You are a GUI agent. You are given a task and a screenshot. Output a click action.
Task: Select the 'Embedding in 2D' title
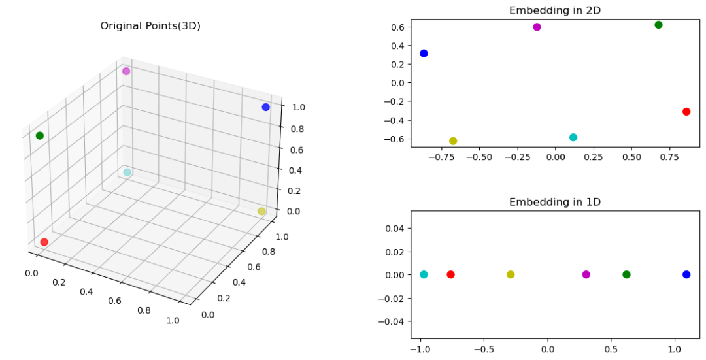pyautogui.click(x=554, y=10)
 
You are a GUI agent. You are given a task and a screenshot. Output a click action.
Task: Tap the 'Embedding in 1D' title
pyautogui.click(x=554, y=202)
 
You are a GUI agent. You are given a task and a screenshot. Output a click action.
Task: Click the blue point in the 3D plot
pyautogui.click(x=265, y=107)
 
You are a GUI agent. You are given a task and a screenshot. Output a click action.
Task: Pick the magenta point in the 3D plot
pyautogui.click(x=126, y=71)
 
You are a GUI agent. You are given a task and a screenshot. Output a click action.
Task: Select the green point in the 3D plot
pyautogui.click(x=40, y=136)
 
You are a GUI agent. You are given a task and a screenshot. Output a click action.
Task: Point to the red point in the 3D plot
pyautogui.click(x=44, y=242)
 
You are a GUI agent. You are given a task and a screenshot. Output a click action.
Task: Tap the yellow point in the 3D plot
pyautogui.click(x=261, y=211)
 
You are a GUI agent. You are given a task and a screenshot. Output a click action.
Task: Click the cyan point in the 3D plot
pyautogui.click(x=127, y=172)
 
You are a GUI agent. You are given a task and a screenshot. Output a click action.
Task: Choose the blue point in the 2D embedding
pyautogui.click(x=424, y=54)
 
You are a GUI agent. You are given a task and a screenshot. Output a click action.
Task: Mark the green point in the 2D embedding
pyautogui.click(x=658, y=25)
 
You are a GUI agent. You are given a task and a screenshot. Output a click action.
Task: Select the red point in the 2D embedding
pyautogui.click(x=686, y=112)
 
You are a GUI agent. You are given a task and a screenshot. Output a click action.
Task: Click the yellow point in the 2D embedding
pyautogui.click(x=453, y=141)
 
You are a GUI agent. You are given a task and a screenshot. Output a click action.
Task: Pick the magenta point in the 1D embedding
pyautogui.click(x=586, y=274)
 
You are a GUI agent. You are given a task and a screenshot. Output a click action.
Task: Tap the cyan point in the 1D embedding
pyautogui.click(x=424, y=274)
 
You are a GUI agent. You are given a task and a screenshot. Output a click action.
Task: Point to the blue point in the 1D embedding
pyautogui.click(x=686, y=274)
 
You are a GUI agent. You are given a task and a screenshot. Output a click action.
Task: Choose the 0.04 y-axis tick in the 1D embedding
pyautogui.click(x=394, y=228)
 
